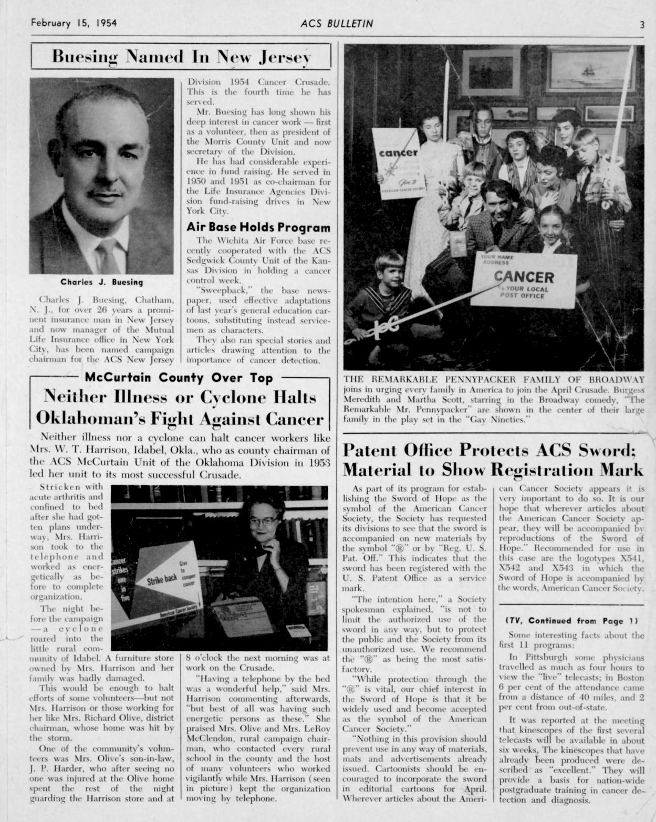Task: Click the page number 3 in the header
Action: point(642,24)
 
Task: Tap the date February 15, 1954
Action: point(74,23)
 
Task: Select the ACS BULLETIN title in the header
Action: point(337,24)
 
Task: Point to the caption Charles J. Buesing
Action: point(101,282)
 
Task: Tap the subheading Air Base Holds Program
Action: point(258,227)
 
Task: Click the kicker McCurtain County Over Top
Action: point(179,378)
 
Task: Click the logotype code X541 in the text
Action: point(632,558)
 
